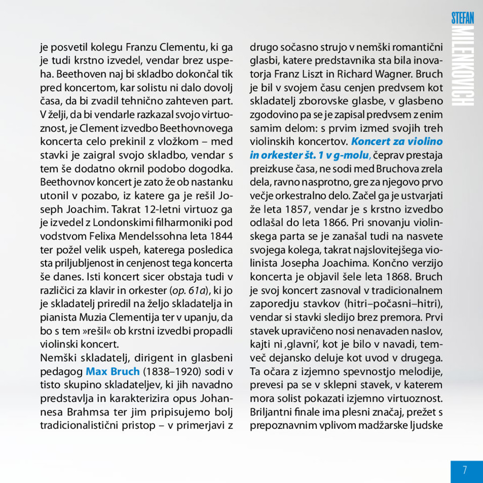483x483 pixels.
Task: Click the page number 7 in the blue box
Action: pyautogui.click(x=465, y=470)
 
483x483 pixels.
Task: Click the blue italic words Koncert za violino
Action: pyautogui.click(x=397, y=142)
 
